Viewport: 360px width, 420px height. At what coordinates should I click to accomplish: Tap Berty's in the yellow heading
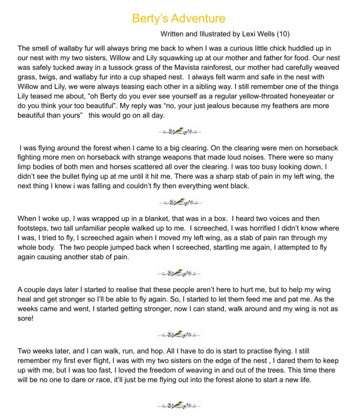point(148,18)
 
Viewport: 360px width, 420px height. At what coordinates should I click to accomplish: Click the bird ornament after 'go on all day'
point(180,131)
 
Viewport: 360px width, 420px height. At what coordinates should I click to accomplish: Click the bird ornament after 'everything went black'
point(180,201)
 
